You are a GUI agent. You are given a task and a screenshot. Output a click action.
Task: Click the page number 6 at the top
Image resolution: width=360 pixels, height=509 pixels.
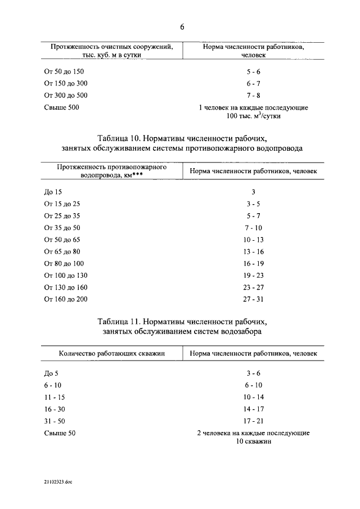point(182,27)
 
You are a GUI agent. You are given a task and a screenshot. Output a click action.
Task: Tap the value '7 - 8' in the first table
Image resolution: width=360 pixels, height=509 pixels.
point(253,95)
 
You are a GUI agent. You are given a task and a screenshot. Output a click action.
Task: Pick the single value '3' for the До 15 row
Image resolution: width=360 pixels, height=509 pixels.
point(253,192)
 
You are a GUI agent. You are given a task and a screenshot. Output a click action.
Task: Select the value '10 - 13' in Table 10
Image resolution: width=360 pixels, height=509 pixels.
point(253,240)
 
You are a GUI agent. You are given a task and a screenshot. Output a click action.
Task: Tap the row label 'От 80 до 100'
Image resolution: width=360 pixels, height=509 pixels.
point(64,263)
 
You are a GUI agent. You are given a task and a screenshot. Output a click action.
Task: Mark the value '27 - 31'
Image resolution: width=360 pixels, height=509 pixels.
point(253,299)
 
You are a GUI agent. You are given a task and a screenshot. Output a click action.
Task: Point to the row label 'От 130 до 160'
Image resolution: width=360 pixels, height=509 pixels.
point(65,287)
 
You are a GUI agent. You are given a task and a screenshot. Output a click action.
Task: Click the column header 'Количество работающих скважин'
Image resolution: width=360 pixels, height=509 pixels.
point(111,354)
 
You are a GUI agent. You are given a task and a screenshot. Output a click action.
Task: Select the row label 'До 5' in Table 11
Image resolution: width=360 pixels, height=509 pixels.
point(51,373)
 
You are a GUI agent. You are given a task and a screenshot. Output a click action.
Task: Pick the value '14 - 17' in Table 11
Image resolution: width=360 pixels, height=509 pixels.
point(253,409)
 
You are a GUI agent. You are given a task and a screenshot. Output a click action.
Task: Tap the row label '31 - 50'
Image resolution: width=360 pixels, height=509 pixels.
point(55,421)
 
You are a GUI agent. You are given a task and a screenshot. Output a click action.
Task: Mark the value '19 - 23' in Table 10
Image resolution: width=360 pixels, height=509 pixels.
point(253,276)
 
